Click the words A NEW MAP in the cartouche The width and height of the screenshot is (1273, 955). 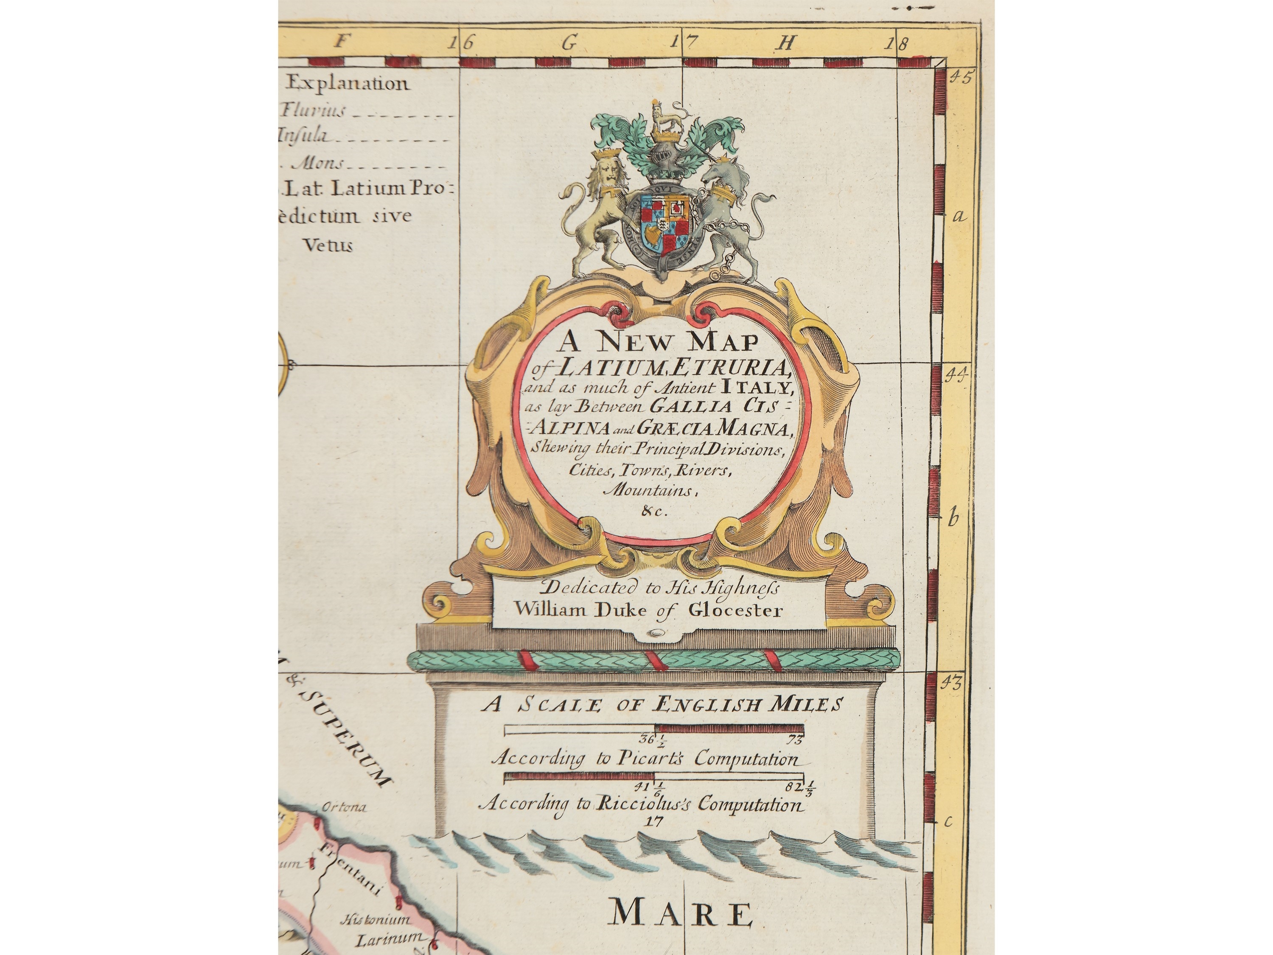click(656, 343)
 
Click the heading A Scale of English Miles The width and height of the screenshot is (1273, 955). click(662, 705)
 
